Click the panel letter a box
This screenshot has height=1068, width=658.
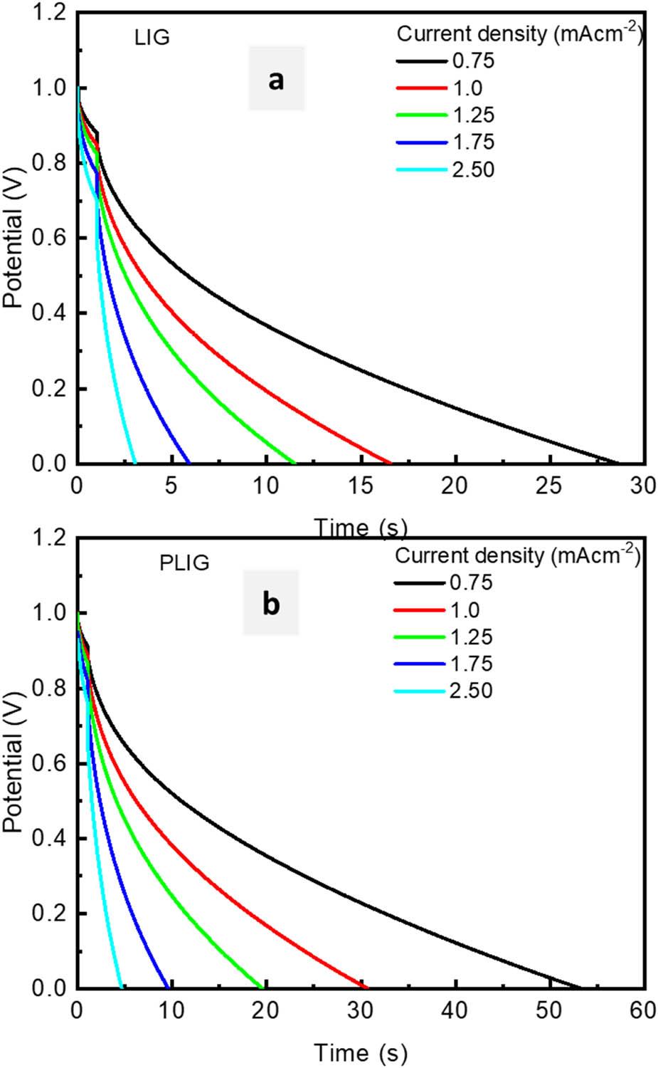tap(276, 79)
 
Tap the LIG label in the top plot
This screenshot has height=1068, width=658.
tap(152, 38)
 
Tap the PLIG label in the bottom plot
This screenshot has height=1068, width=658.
tap(184, 563)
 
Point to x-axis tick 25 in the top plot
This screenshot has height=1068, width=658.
tap(549, 486)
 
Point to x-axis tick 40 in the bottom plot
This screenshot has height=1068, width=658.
tap(455, 1011)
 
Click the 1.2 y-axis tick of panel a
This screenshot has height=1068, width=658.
tap(51, 13)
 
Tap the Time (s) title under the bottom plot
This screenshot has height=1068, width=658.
tap(361, 1052)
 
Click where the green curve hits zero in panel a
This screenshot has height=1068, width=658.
tap(294, 463)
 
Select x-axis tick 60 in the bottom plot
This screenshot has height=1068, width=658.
tap(644, 1011)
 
